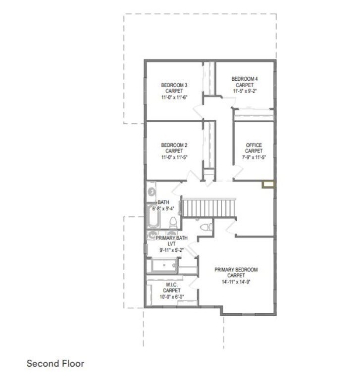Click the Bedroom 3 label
click(x=174, y=85)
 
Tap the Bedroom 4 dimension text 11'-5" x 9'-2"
click(x=245, y=91)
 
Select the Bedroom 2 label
click(x=174, y=145)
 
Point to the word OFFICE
click(x=254, y=145)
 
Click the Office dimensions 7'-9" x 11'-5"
click(x=254, y=157)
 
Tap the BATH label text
click(x=163, y=202)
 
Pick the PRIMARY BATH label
click(x=172, y=238)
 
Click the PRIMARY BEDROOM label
click(x=236, y=270)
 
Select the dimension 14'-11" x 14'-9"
click(x=236, y=282)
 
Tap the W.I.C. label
click(x=172, y=285)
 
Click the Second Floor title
click(x=55, y=363)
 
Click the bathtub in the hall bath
click(x=153, y=216)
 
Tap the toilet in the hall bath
click(x=173, y=222)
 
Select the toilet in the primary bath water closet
click(x=206, y=227)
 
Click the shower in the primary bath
click(x=164, y=265)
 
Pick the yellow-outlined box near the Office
click(x=268, y=184)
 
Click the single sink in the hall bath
click(x=152, y=192)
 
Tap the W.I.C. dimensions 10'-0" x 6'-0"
click(x=172, y=296)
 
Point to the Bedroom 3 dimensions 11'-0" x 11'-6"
click(x=174, y=97)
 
